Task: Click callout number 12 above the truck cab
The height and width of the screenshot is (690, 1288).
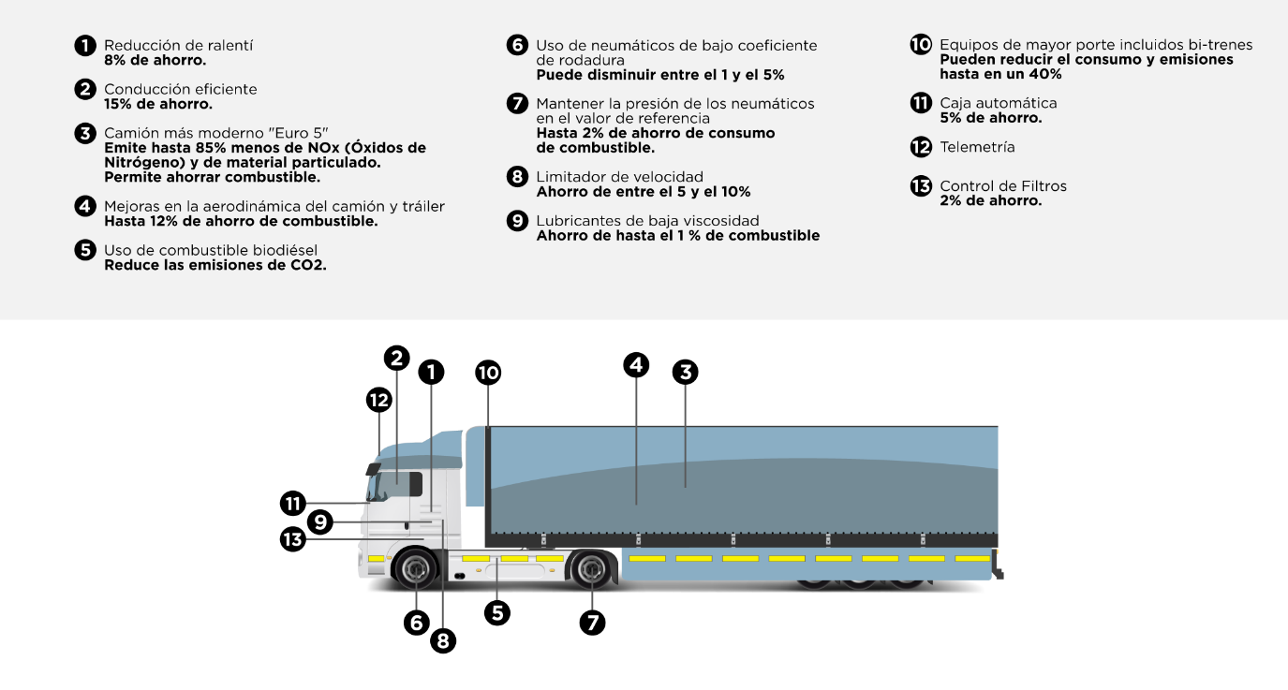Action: click(378, 400)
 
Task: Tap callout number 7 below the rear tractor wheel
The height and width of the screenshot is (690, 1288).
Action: click(592, 622)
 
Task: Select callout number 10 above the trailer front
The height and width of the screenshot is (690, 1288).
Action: click(488, 373)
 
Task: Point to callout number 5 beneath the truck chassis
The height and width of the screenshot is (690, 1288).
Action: click(497, 612)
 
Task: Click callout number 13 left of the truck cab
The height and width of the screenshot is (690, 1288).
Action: click(293, 539)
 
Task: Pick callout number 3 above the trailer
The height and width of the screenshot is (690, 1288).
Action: click(685, 372)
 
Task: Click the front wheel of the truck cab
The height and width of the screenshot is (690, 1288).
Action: click(415, 568)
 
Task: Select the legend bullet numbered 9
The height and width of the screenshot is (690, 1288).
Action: click(517, 221)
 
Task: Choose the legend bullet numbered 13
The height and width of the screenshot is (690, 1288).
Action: click(921, 186)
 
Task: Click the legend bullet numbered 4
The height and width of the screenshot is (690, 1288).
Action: click(85, 206)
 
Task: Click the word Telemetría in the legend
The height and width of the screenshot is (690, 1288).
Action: click(977, 147)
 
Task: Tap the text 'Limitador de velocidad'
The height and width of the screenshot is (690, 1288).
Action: click(619, 177)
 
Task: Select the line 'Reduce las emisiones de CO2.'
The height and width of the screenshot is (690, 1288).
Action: click(215, 265)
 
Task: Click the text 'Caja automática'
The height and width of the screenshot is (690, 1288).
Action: click(998, 103)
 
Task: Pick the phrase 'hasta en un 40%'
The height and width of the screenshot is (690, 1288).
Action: click(1000, 74)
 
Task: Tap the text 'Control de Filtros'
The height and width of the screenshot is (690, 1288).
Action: click(1003, 186)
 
